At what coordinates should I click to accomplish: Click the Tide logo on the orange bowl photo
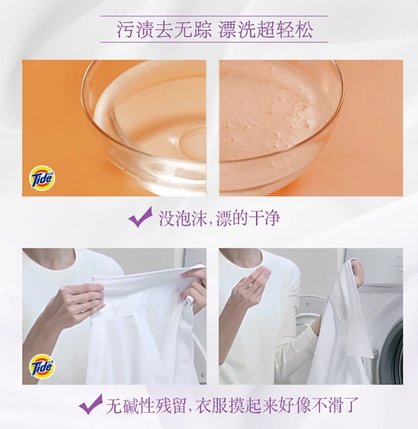42,177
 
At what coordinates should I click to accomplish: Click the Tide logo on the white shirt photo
42,365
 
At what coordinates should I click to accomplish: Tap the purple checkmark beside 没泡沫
140,217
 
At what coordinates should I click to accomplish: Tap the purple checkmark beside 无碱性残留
91,404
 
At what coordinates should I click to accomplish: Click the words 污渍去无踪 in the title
164,29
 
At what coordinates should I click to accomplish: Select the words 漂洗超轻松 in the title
266,29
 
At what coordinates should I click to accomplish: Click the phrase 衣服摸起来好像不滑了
277,405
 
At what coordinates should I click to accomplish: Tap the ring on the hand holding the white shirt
82,312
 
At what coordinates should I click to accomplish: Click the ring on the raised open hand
250,285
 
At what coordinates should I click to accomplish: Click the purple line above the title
214,16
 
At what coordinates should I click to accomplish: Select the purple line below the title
214,42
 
